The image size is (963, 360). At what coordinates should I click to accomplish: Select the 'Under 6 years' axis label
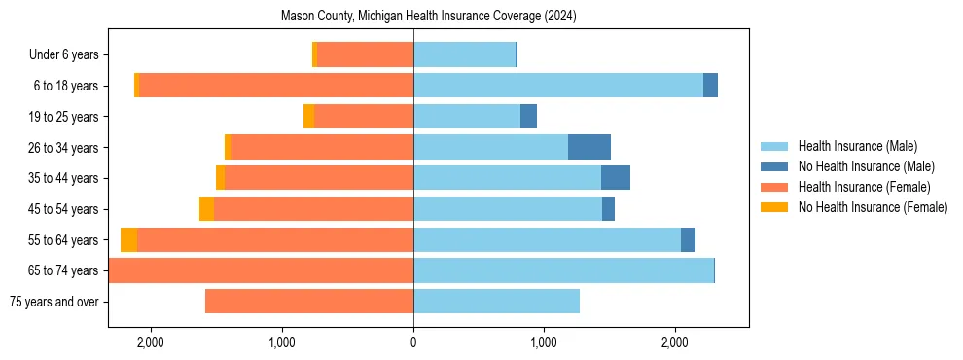pyautogui.click(x=69, y=55)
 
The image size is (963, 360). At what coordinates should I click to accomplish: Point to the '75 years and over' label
pyautogui.click(x=53, y=302)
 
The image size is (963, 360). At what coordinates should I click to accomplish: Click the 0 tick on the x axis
pyautogui.click(x=413, y=342)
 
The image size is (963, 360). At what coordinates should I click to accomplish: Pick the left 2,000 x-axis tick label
pyautogui.click(x=151, y=342)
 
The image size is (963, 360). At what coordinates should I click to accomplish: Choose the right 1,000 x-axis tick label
pyautogui.click(x=544, y=342)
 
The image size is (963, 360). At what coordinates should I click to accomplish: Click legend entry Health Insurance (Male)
pyautogui.click(x=857, y=146)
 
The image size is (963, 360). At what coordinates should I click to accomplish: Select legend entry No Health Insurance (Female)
pyautogui.click(x=873, y=207)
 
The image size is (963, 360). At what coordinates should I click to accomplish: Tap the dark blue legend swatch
pyautogui.click(x=774, y=166)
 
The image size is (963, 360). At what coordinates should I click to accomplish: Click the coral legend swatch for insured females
pyautogui.click(x=774, y=187)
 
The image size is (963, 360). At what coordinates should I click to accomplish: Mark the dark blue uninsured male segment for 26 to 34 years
pyautogui.click(x=589, y=147)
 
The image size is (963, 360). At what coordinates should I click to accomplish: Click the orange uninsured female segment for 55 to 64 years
pyautogui.click(x=128, y=240)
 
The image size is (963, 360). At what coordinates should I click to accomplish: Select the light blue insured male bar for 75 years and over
pyautogui.click(x=496, y=302)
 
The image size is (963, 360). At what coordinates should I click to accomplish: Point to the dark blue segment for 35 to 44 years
pyautogui.click(x=616, y=178)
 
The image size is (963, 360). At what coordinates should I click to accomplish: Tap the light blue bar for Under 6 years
pyautogui.click(x=464, y=55)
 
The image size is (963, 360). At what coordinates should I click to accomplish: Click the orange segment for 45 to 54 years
pyautogui.click(x=206, y=209)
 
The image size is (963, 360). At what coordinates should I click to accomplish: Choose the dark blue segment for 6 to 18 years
pyautogui.click(x=710, y=86)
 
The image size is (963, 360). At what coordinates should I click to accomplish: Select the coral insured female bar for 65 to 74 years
pyautogui.click(x=261, y=270)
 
